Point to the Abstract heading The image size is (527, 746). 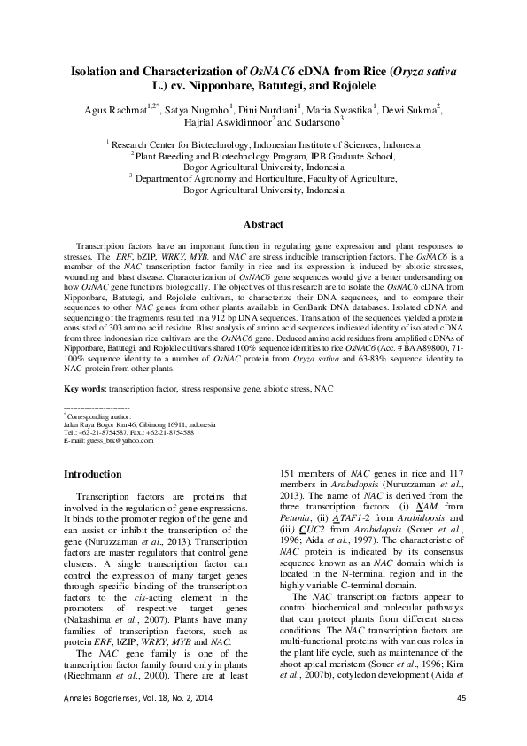coord(263,225)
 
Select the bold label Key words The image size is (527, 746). coord(87,389)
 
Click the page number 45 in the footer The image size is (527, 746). coord(461,724)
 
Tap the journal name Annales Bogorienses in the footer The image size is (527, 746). coord(99,724)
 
